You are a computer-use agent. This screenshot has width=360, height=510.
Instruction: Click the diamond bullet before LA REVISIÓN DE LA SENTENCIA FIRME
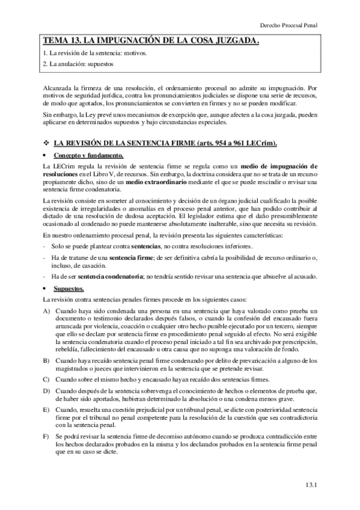(46, 143)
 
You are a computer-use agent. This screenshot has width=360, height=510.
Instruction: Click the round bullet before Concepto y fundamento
(46, 155)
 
